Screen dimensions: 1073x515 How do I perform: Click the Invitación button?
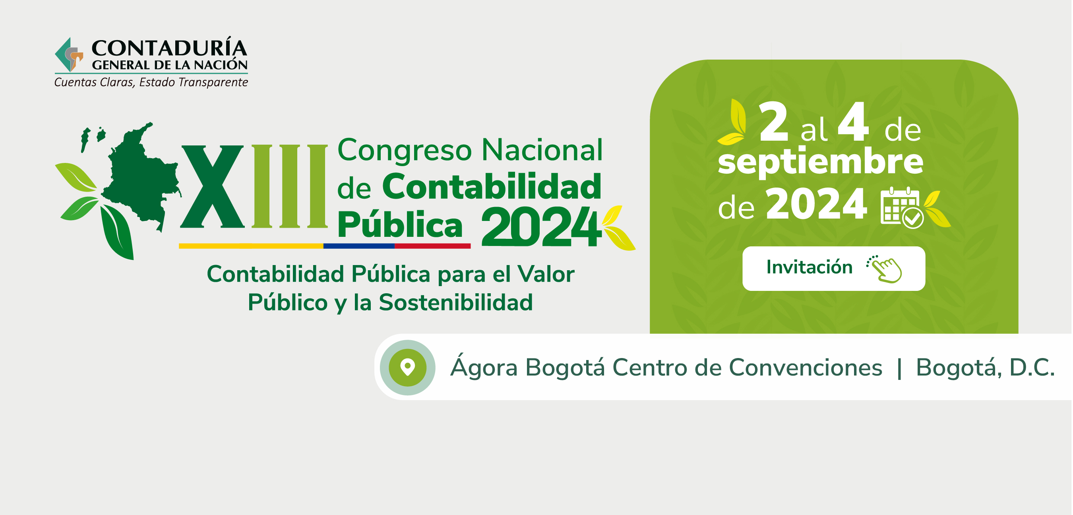833,268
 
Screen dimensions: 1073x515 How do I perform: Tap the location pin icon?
407,367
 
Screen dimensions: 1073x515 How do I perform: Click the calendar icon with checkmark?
902,207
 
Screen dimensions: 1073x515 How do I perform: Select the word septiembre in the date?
820,163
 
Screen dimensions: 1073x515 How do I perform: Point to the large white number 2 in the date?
773,122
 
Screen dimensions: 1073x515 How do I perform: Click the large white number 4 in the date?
853,122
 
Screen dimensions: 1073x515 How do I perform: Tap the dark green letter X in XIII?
212,186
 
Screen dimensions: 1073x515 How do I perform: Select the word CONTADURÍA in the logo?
169,48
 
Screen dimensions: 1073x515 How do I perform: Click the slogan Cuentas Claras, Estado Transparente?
151,83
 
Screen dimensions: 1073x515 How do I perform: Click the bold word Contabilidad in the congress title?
492,186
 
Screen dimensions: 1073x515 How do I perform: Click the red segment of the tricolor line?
432,246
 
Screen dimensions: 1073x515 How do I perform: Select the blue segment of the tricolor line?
358,246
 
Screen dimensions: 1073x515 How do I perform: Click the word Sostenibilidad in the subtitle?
456,302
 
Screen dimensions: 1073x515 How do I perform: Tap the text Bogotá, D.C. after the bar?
985,368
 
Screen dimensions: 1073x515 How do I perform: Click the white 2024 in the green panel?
816,204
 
